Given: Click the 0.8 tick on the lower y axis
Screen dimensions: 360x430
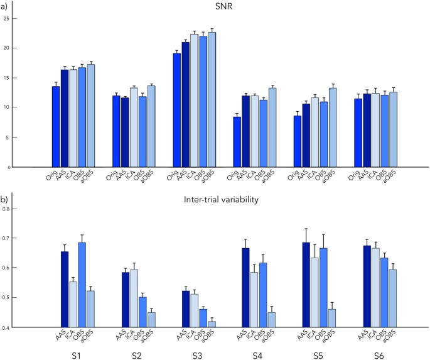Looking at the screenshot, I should tap(8, 209).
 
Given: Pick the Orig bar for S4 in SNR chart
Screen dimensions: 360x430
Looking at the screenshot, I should tap(237, 142).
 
